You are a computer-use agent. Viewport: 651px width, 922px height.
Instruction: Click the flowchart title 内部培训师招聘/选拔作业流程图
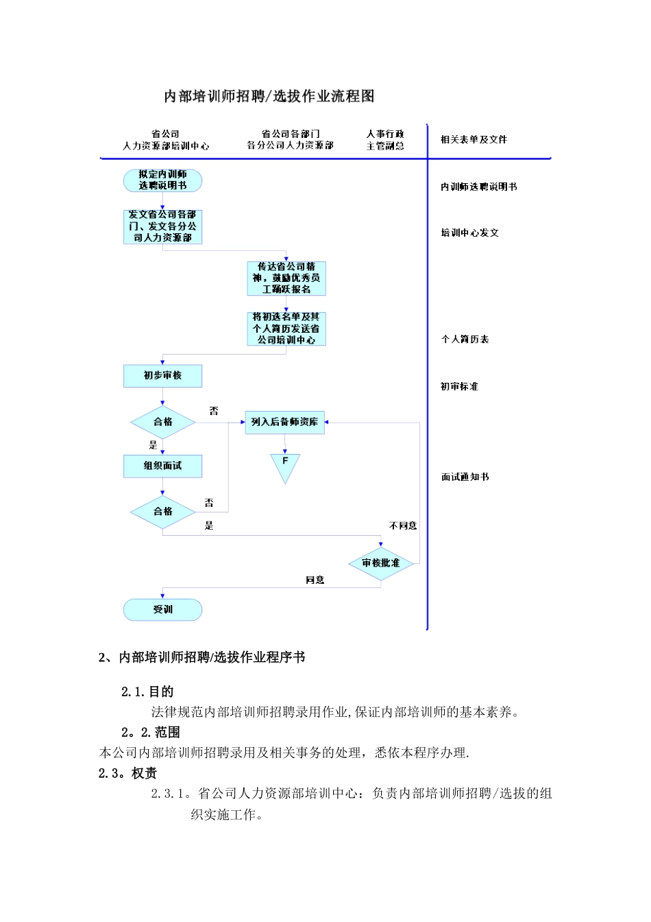269,96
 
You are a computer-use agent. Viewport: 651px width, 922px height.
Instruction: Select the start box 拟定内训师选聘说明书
162,180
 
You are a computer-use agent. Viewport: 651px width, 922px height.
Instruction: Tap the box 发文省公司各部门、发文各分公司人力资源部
162,226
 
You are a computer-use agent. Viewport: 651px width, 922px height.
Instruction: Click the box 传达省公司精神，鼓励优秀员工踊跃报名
286,278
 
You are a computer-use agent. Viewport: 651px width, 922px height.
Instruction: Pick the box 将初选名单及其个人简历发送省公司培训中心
286,329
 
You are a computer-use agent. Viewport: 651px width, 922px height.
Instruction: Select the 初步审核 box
162,376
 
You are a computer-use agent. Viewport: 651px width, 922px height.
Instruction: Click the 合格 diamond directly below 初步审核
162,422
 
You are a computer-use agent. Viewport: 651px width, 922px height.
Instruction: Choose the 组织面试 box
162,466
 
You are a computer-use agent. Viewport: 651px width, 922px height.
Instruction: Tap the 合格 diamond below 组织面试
162,512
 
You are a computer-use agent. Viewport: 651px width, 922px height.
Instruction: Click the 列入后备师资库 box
284,422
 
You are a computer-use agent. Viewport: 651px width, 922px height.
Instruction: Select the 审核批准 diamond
381,563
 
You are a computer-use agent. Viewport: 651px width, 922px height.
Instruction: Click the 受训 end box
162,609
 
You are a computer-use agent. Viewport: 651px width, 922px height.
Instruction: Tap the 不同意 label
403,526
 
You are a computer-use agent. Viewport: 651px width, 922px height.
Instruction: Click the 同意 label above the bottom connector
315,580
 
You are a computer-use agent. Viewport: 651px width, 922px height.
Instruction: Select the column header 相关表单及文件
474,140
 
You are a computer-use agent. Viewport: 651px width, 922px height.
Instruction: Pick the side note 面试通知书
465,477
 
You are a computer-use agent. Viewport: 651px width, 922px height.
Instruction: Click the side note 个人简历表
465,340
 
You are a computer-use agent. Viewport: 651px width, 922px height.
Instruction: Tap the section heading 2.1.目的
147,691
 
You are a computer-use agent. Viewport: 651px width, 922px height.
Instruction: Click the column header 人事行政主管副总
385,140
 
